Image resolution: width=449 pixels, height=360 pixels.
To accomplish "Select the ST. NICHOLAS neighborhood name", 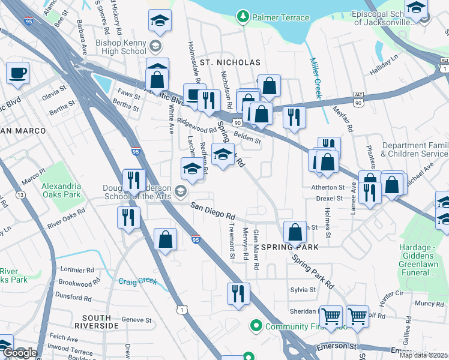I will pos(231,62).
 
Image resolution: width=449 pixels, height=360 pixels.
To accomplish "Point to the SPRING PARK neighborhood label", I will pos(294,247).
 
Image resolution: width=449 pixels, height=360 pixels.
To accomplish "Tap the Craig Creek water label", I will pos(137,281).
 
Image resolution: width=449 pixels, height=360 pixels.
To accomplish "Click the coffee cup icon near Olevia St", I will pos(17,73).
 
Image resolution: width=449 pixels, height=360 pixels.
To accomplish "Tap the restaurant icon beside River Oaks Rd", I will pos(128,217).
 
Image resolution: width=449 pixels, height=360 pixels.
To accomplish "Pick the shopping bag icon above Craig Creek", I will pos(165,239).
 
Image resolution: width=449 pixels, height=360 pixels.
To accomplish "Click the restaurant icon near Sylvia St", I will pos(238,293).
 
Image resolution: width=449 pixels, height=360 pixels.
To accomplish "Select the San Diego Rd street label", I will pos(213,211).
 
